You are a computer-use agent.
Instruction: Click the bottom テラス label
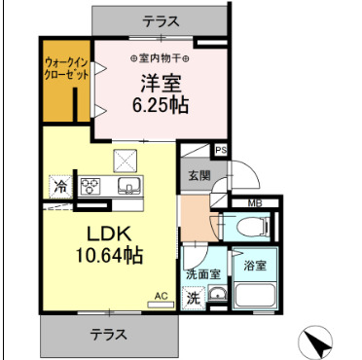point(111,334)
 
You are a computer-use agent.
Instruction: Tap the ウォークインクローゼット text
point(64,71)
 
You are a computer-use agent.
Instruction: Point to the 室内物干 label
point(162,58)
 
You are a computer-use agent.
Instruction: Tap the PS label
point(221,150)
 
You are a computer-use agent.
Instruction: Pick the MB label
point(254,202)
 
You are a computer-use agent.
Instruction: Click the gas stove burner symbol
point(91,186)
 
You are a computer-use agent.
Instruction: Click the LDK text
point(109,234)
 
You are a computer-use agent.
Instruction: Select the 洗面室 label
point(203,275)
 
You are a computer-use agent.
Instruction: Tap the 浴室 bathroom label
point(255,265)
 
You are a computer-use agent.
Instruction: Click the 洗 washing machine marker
point(194,298)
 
